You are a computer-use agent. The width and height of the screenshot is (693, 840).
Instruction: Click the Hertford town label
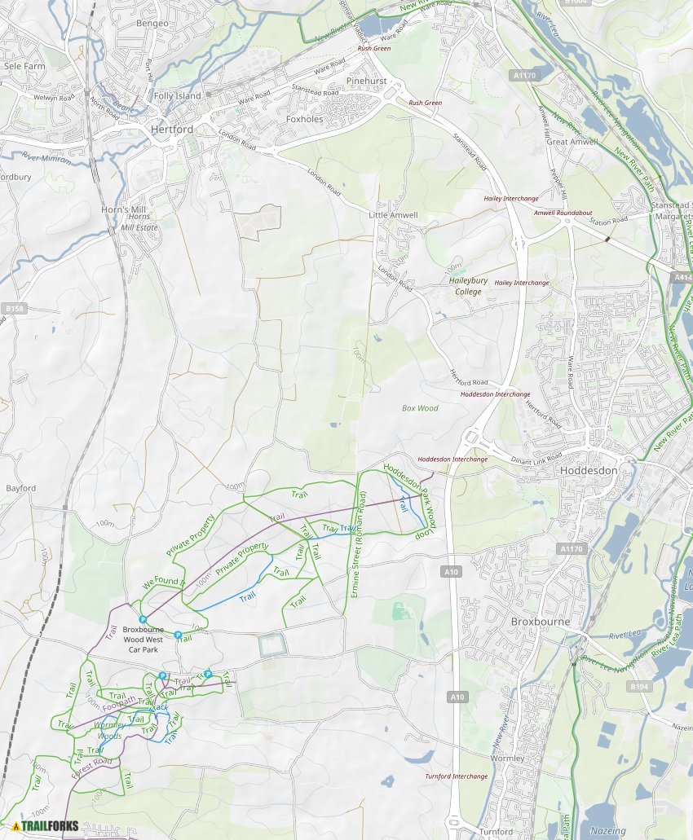(x=172, y=130)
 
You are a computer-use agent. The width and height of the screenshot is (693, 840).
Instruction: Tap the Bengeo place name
(x=152, y=24)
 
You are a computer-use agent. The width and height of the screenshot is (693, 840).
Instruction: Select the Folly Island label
(x=177, y=96)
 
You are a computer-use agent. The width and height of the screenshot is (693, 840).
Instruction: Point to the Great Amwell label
(x=572, y=142)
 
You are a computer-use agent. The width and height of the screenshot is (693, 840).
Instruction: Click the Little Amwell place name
(x=393, y=215)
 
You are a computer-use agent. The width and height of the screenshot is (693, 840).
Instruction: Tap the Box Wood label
(x=420, y=408)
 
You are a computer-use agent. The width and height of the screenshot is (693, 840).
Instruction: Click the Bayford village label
(x=21, y=488)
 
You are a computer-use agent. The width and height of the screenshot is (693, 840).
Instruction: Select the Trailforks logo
(x=46, y=825)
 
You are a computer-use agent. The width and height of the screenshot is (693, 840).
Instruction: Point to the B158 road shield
(x=15, y=309)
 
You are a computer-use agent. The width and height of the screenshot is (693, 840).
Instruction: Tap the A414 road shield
(x=682, y=278)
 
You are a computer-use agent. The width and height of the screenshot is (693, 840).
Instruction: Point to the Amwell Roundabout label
(x=563, y=213)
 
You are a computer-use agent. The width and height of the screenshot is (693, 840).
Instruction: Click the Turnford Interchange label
(x=457, y=776)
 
